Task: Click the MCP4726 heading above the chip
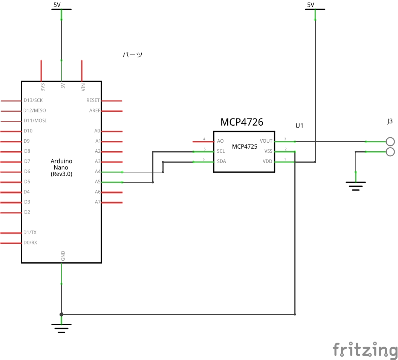242,122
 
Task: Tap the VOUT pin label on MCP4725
266,141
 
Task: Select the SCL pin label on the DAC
221,151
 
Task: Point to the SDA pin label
221,161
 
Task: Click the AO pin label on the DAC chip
220,141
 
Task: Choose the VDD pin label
267,161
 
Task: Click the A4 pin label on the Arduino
98,171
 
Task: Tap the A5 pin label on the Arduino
98,182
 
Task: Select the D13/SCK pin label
33,100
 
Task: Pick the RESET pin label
93,100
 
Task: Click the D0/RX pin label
30,242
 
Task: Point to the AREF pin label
95,111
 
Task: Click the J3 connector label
390,122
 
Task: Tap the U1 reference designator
299,126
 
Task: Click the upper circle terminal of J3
390,142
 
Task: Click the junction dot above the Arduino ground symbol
61,314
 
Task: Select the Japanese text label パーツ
132,55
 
